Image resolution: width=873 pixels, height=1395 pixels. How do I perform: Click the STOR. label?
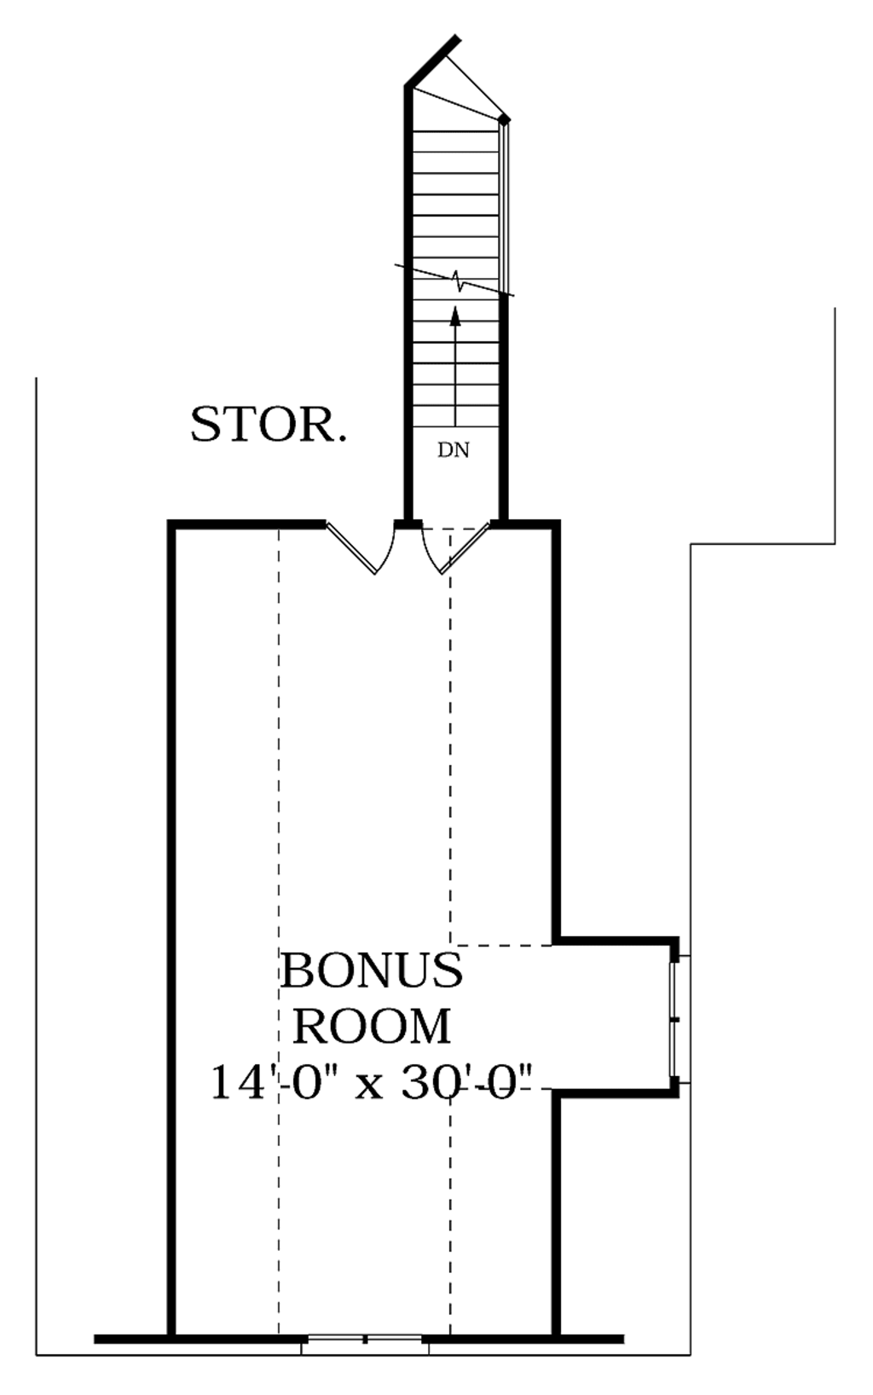pyautogui.click(x=268, y=424)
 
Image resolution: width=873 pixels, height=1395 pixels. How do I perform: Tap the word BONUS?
pyautogui.click(x=372, y=970)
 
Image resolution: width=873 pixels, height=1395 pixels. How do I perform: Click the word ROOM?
pyautogui.click(x=372, y=1027)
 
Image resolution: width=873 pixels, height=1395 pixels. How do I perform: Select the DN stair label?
pyautogui.click(x=454, y=450)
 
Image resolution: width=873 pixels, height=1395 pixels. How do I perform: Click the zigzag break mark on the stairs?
pyautogui.click(x=459, y=280)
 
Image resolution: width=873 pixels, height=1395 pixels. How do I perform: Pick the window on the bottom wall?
pyautogui.click(x=365, y=1339)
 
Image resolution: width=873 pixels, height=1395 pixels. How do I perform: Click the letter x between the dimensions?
pyautogui.click(x=368, y=1085)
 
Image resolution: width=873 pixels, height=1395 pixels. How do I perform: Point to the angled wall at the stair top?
pyautogui.click(x=432, y=61)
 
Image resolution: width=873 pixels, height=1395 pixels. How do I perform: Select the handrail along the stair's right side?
pyautogui.click(x=506, y=205)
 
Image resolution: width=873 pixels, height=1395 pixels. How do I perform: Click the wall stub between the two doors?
pyautogui.click(x=408, y=524)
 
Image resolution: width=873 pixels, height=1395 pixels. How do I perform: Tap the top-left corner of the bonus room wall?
pyautogui.click(x=172, y=524)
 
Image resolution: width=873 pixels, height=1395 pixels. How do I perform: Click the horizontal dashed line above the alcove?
pyautogui.click(x=503, y=945)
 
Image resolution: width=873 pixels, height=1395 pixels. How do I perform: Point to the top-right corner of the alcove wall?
pyautogui.click(x=674, y=942)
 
